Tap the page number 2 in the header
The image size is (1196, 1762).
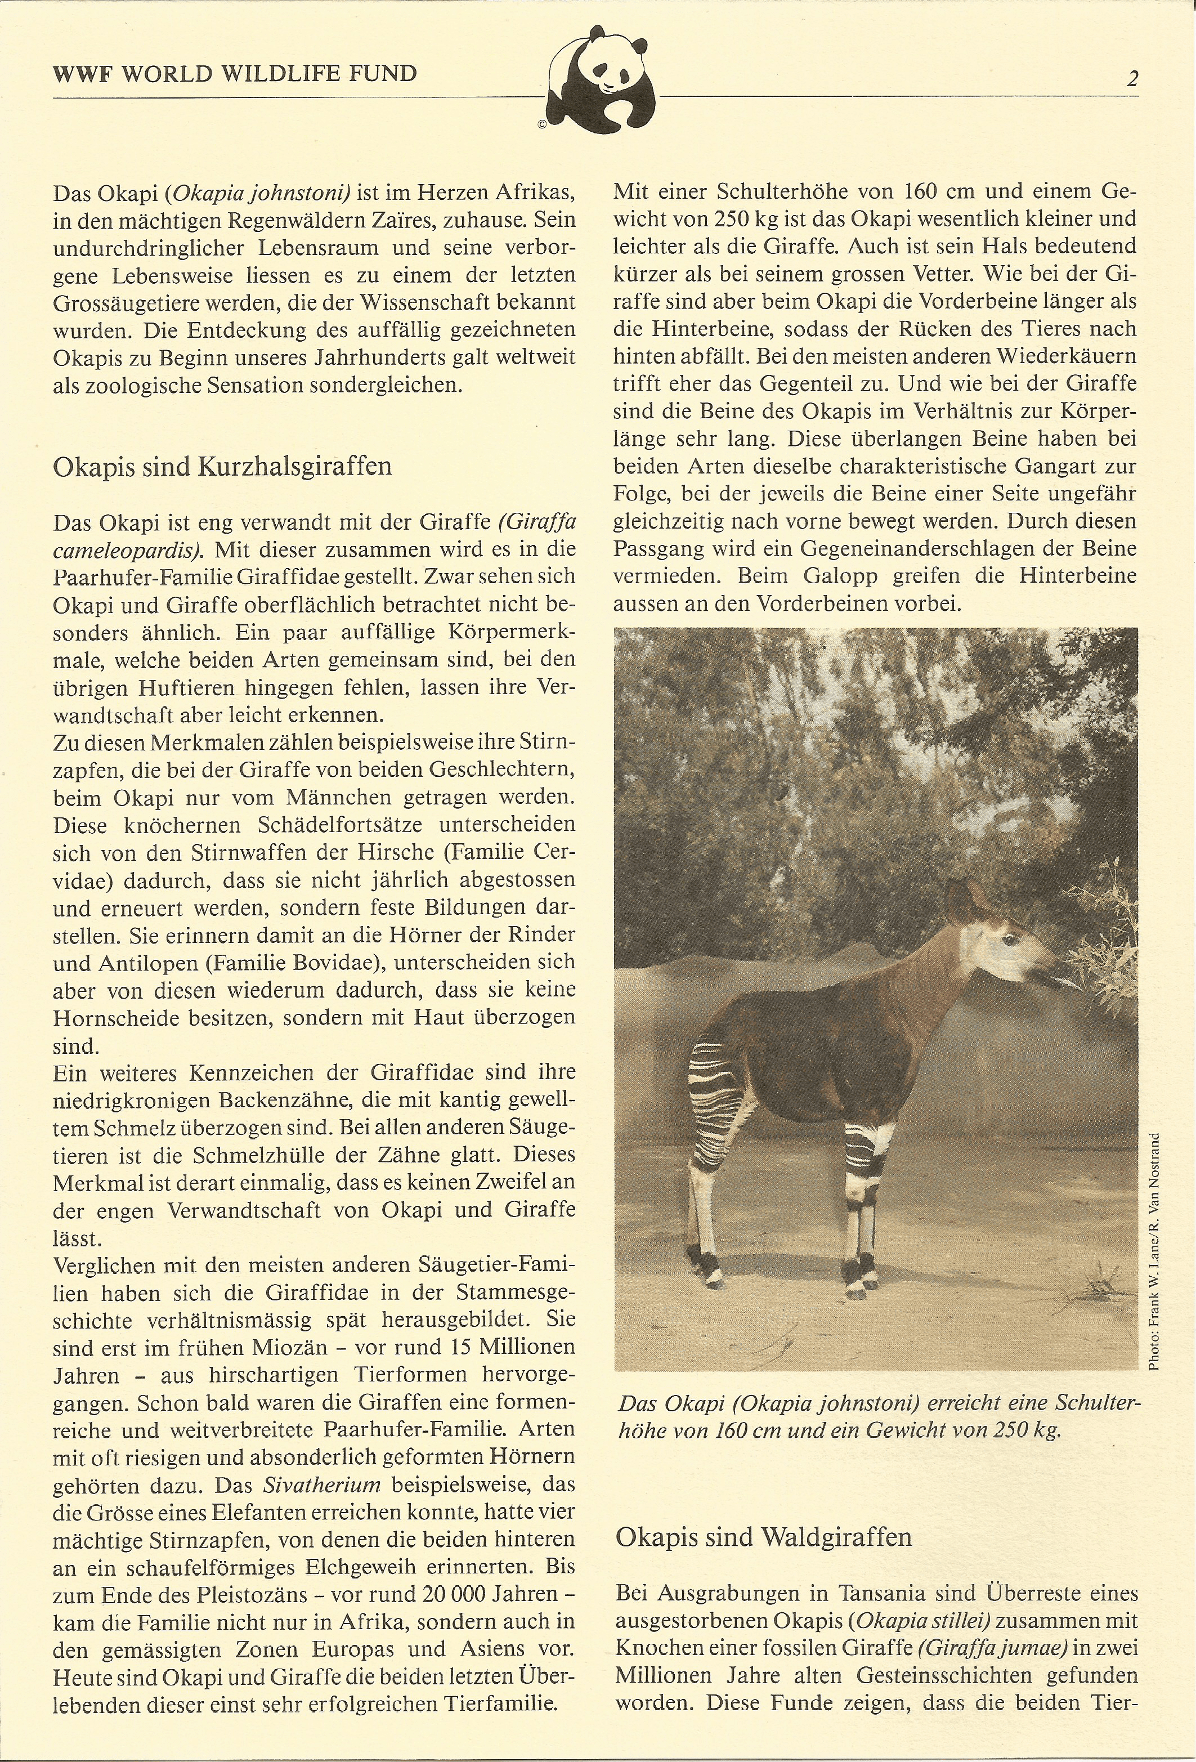1132,79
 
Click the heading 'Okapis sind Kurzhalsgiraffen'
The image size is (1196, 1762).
222,466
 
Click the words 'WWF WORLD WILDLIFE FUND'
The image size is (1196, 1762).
235,74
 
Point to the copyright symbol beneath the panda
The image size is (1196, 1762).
542,125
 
